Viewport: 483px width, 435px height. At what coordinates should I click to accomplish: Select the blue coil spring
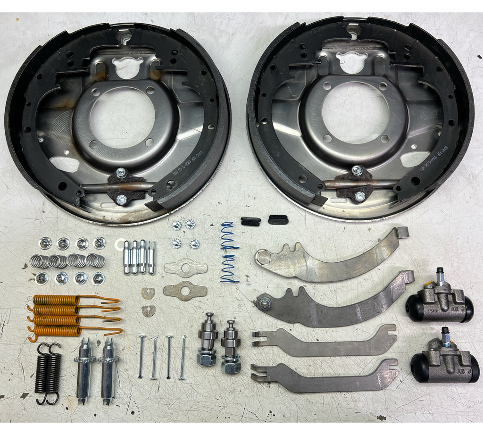coord(230,252)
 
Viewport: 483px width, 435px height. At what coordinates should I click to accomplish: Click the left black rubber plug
coord(250,221)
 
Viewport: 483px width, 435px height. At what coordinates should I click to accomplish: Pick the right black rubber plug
coord(277,219)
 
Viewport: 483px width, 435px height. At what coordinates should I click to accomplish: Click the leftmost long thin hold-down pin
coord(141,356)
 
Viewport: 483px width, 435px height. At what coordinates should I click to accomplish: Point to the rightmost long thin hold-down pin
coord(183,357)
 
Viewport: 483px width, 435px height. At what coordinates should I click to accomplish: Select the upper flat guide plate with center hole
coord(186,268)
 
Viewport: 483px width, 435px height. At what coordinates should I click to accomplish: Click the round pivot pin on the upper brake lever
coord(263,257)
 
